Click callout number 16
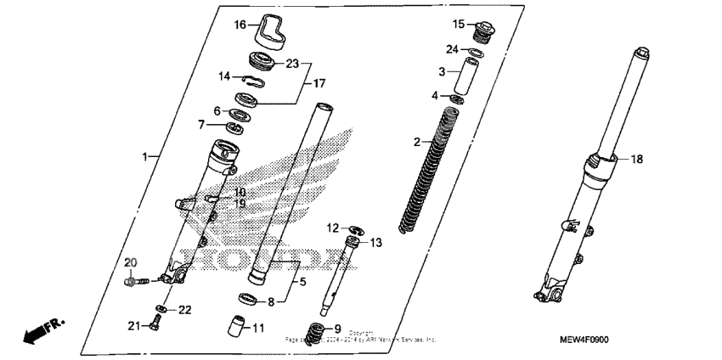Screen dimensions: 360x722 [x=240, y=25]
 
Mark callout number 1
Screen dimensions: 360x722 [x=145, y=157]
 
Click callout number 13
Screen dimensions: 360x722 [x=375, y=243]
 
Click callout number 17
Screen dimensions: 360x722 [x=320, y=83]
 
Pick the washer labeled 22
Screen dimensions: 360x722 [x=161, y=307]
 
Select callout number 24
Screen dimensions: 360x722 [x=454, y=48]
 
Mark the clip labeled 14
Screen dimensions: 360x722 [x=250, y=80]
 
